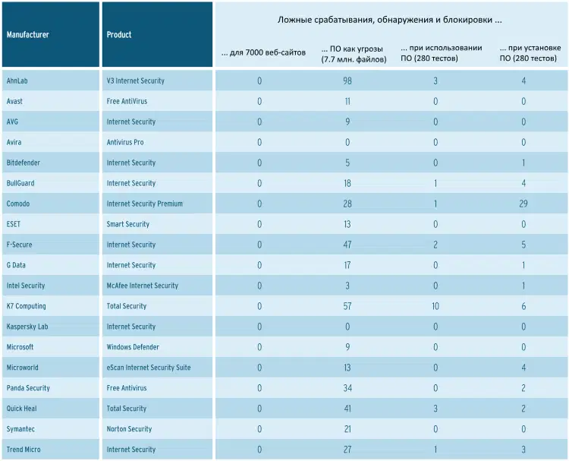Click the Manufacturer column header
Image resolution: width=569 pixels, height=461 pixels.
click(x=27, y=35)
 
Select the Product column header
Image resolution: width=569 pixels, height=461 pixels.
click(x=119, y=35)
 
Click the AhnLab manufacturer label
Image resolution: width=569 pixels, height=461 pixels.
click(x=17, y=81)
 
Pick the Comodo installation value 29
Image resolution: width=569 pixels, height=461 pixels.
click(x=523, y=204)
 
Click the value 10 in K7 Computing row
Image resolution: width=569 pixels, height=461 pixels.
click(x=435, y=306)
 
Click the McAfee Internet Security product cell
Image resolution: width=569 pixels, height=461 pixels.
click(x=143, y=286)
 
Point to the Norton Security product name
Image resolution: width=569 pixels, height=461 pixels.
click(x=129, y=429)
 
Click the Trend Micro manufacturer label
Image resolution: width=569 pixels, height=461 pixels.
click(x=23, y=450)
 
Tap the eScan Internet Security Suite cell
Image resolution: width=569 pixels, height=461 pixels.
click(x=149, y=368)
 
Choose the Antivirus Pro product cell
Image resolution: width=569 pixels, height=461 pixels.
click(x=125, y=142)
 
